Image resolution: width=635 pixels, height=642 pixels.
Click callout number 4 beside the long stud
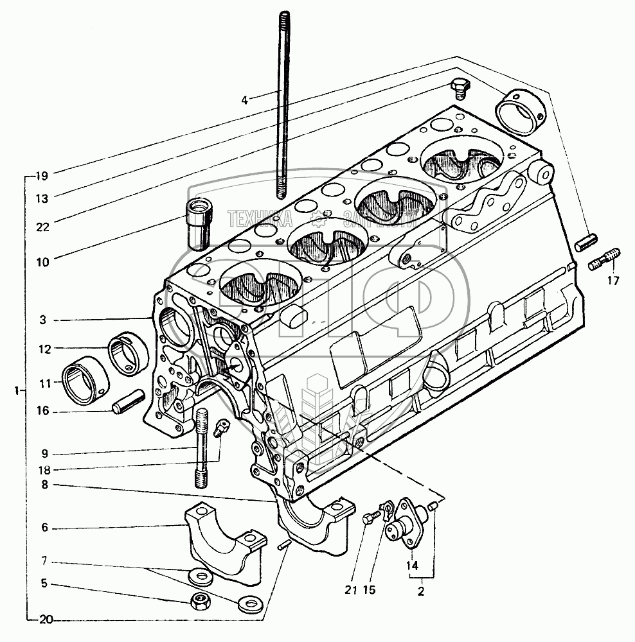coord(245,100)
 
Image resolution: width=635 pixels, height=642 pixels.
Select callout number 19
coord(42,174)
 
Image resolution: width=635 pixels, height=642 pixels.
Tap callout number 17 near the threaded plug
coord(613,280)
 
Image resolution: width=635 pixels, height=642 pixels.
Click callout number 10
coord(42,262)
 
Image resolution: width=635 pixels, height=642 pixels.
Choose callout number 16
coord(42,411)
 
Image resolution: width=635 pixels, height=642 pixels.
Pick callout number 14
coord(412,566)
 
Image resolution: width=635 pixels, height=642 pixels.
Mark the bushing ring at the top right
coord(521,113)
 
